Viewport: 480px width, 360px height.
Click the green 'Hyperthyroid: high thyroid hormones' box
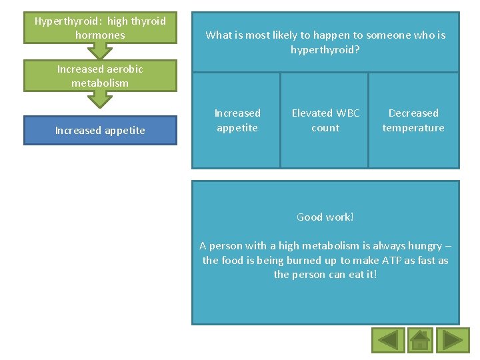(x=100, y=28)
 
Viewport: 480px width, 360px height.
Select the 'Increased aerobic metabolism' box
(x=100, y=76)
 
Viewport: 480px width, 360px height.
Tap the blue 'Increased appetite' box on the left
(x=100, y=131)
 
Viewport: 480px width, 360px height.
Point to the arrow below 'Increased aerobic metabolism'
(x=100, y=99)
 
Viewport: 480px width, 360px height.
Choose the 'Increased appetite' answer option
(x=237, y=120)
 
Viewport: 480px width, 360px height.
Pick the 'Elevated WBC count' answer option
(x=325, y=120)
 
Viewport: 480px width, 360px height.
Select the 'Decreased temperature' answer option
(x=413, y=120)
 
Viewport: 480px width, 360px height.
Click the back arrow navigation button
(x=387, y=340)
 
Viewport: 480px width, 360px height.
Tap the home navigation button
(x=419, y=340)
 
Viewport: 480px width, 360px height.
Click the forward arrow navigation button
(x=453, y=340)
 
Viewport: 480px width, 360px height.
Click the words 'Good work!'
(x=325, y=217)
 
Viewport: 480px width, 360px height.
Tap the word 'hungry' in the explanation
(x=425, y=245)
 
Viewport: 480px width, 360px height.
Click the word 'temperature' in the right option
(x=413, y=128)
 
